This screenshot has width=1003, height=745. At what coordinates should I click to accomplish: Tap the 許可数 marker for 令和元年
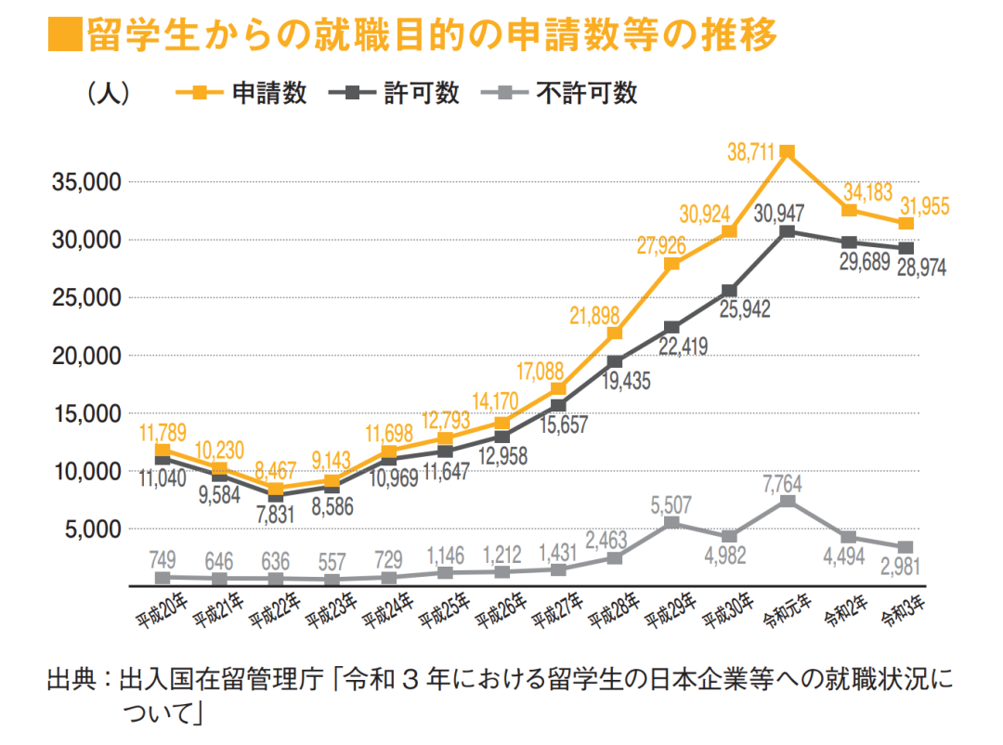(787, 231)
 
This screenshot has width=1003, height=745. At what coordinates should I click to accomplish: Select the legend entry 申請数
(243, 93)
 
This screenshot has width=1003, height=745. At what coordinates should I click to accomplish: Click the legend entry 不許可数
(559, 93)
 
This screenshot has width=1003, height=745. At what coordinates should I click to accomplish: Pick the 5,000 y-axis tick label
(94, 529)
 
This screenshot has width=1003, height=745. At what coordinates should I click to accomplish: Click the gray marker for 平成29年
(672, 523)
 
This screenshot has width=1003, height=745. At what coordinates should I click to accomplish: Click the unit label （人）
(107, 93)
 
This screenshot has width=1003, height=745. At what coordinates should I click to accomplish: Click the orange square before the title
(62, 37)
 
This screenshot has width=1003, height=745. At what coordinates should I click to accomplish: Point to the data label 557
(332, 561)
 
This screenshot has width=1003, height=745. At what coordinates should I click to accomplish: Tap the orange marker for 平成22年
(276, 489)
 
